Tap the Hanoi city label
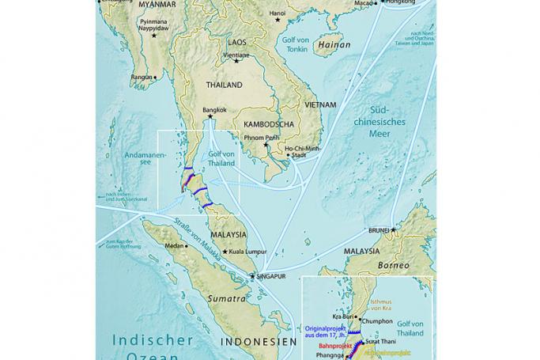[x=278, y=13]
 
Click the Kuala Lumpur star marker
[x=225, y=252]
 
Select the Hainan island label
[x=334, y=45]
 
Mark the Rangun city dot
[x=155, y=78]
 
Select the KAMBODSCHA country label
[x=269, y=124]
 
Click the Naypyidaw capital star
[x=155, y=35]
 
